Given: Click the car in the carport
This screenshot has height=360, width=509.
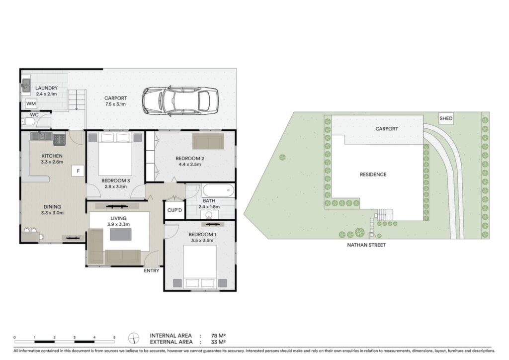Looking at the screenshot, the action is point(180,100).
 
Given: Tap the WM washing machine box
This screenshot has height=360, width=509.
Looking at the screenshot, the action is point(31,103).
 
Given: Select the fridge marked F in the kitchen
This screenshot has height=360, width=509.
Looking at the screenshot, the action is point(78,171).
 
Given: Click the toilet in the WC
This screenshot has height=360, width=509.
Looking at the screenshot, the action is point(28,122).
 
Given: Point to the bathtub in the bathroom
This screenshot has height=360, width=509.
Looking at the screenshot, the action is point(218,190).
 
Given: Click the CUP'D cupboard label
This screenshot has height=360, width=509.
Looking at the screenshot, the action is point(174,210).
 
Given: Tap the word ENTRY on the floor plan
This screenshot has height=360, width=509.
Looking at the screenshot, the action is point(152,270).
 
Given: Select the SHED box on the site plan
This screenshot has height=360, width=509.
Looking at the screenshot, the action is point(446,118).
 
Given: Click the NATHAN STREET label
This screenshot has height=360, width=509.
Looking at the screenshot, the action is point(366,245).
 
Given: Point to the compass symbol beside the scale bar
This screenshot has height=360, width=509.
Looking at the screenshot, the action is point(133,338).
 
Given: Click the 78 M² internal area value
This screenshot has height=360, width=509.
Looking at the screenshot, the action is point(218,336).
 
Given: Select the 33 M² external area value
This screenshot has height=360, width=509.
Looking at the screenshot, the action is point(218,342).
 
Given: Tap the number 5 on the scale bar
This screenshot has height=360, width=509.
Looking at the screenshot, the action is point(114,338).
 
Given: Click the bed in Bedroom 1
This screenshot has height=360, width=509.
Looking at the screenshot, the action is point(200,267).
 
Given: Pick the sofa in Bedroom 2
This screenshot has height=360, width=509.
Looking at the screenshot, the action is point(208,141).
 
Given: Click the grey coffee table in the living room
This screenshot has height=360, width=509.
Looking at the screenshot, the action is point(121,234).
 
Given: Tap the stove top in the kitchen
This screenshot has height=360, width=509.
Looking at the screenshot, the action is point(60,139).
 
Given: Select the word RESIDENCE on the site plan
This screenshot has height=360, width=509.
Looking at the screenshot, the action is point(373,175).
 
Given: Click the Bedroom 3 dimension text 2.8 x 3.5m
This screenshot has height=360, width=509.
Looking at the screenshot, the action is point(115,186).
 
